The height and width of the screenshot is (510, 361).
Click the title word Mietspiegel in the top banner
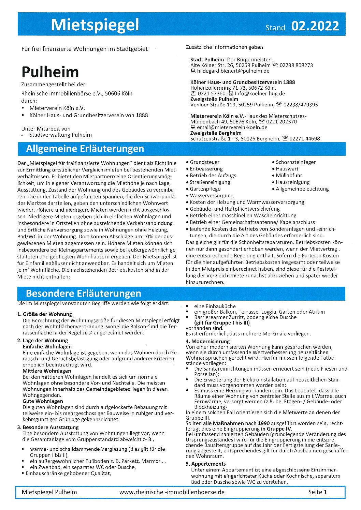[95, 25]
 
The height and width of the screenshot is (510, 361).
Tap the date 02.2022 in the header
[315, 26]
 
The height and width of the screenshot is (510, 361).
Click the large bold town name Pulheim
[50, 72]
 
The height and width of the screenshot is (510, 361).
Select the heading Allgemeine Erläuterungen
[85, 149]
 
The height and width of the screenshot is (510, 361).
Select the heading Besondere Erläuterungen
[83, 294]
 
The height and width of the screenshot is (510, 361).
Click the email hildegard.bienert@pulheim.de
[233, 71]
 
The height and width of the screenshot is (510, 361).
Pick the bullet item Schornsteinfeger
[295, 162]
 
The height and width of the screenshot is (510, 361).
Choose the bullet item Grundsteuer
[204, 162]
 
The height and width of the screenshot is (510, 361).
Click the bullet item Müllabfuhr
[289, 176]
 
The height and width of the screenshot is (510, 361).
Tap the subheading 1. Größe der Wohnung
[45, 314]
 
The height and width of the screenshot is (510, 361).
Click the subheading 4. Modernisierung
[208, 341]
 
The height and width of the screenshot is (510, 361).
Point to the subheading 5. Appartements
[206, 464]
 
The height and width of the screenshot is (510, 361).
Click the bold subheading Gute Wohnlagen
[43, 401]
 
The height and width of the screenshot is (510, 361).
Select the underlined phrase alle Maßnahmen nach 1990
[241, 423]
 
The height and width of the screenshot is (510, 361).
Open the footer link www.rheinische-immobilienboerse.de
[172, 492]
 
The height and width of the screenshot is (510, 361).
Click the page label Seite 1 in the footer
[317, 492]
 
